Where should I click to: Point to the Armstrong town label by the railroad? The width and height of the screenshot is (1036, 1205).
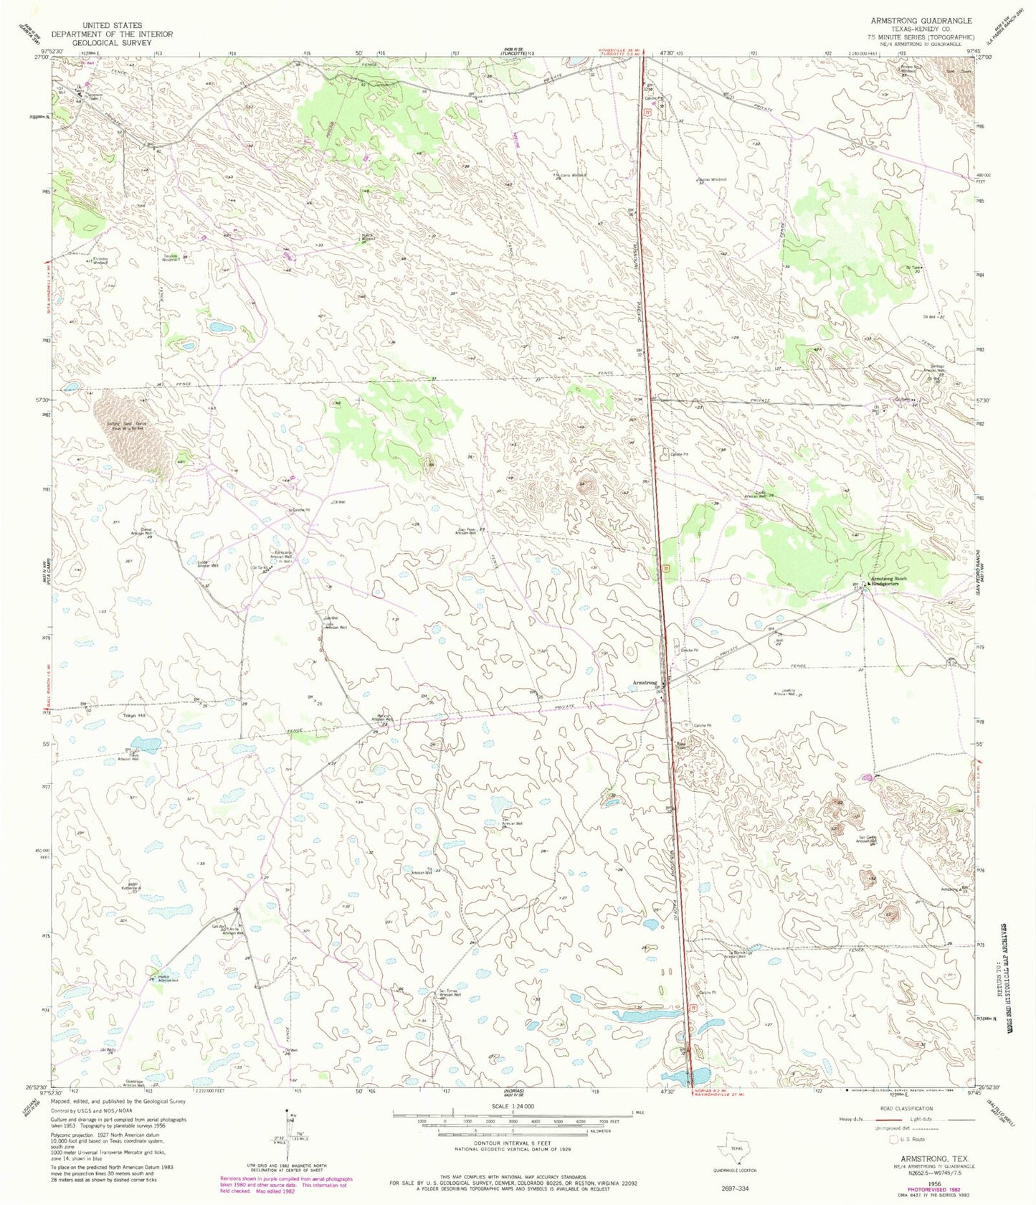pos(644,682)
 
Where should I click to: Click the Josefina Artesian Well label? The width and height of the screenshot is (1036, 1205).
pos(787,694)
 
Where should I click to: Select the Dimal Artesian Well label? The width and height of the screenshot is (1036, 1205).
pos(141,532)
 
